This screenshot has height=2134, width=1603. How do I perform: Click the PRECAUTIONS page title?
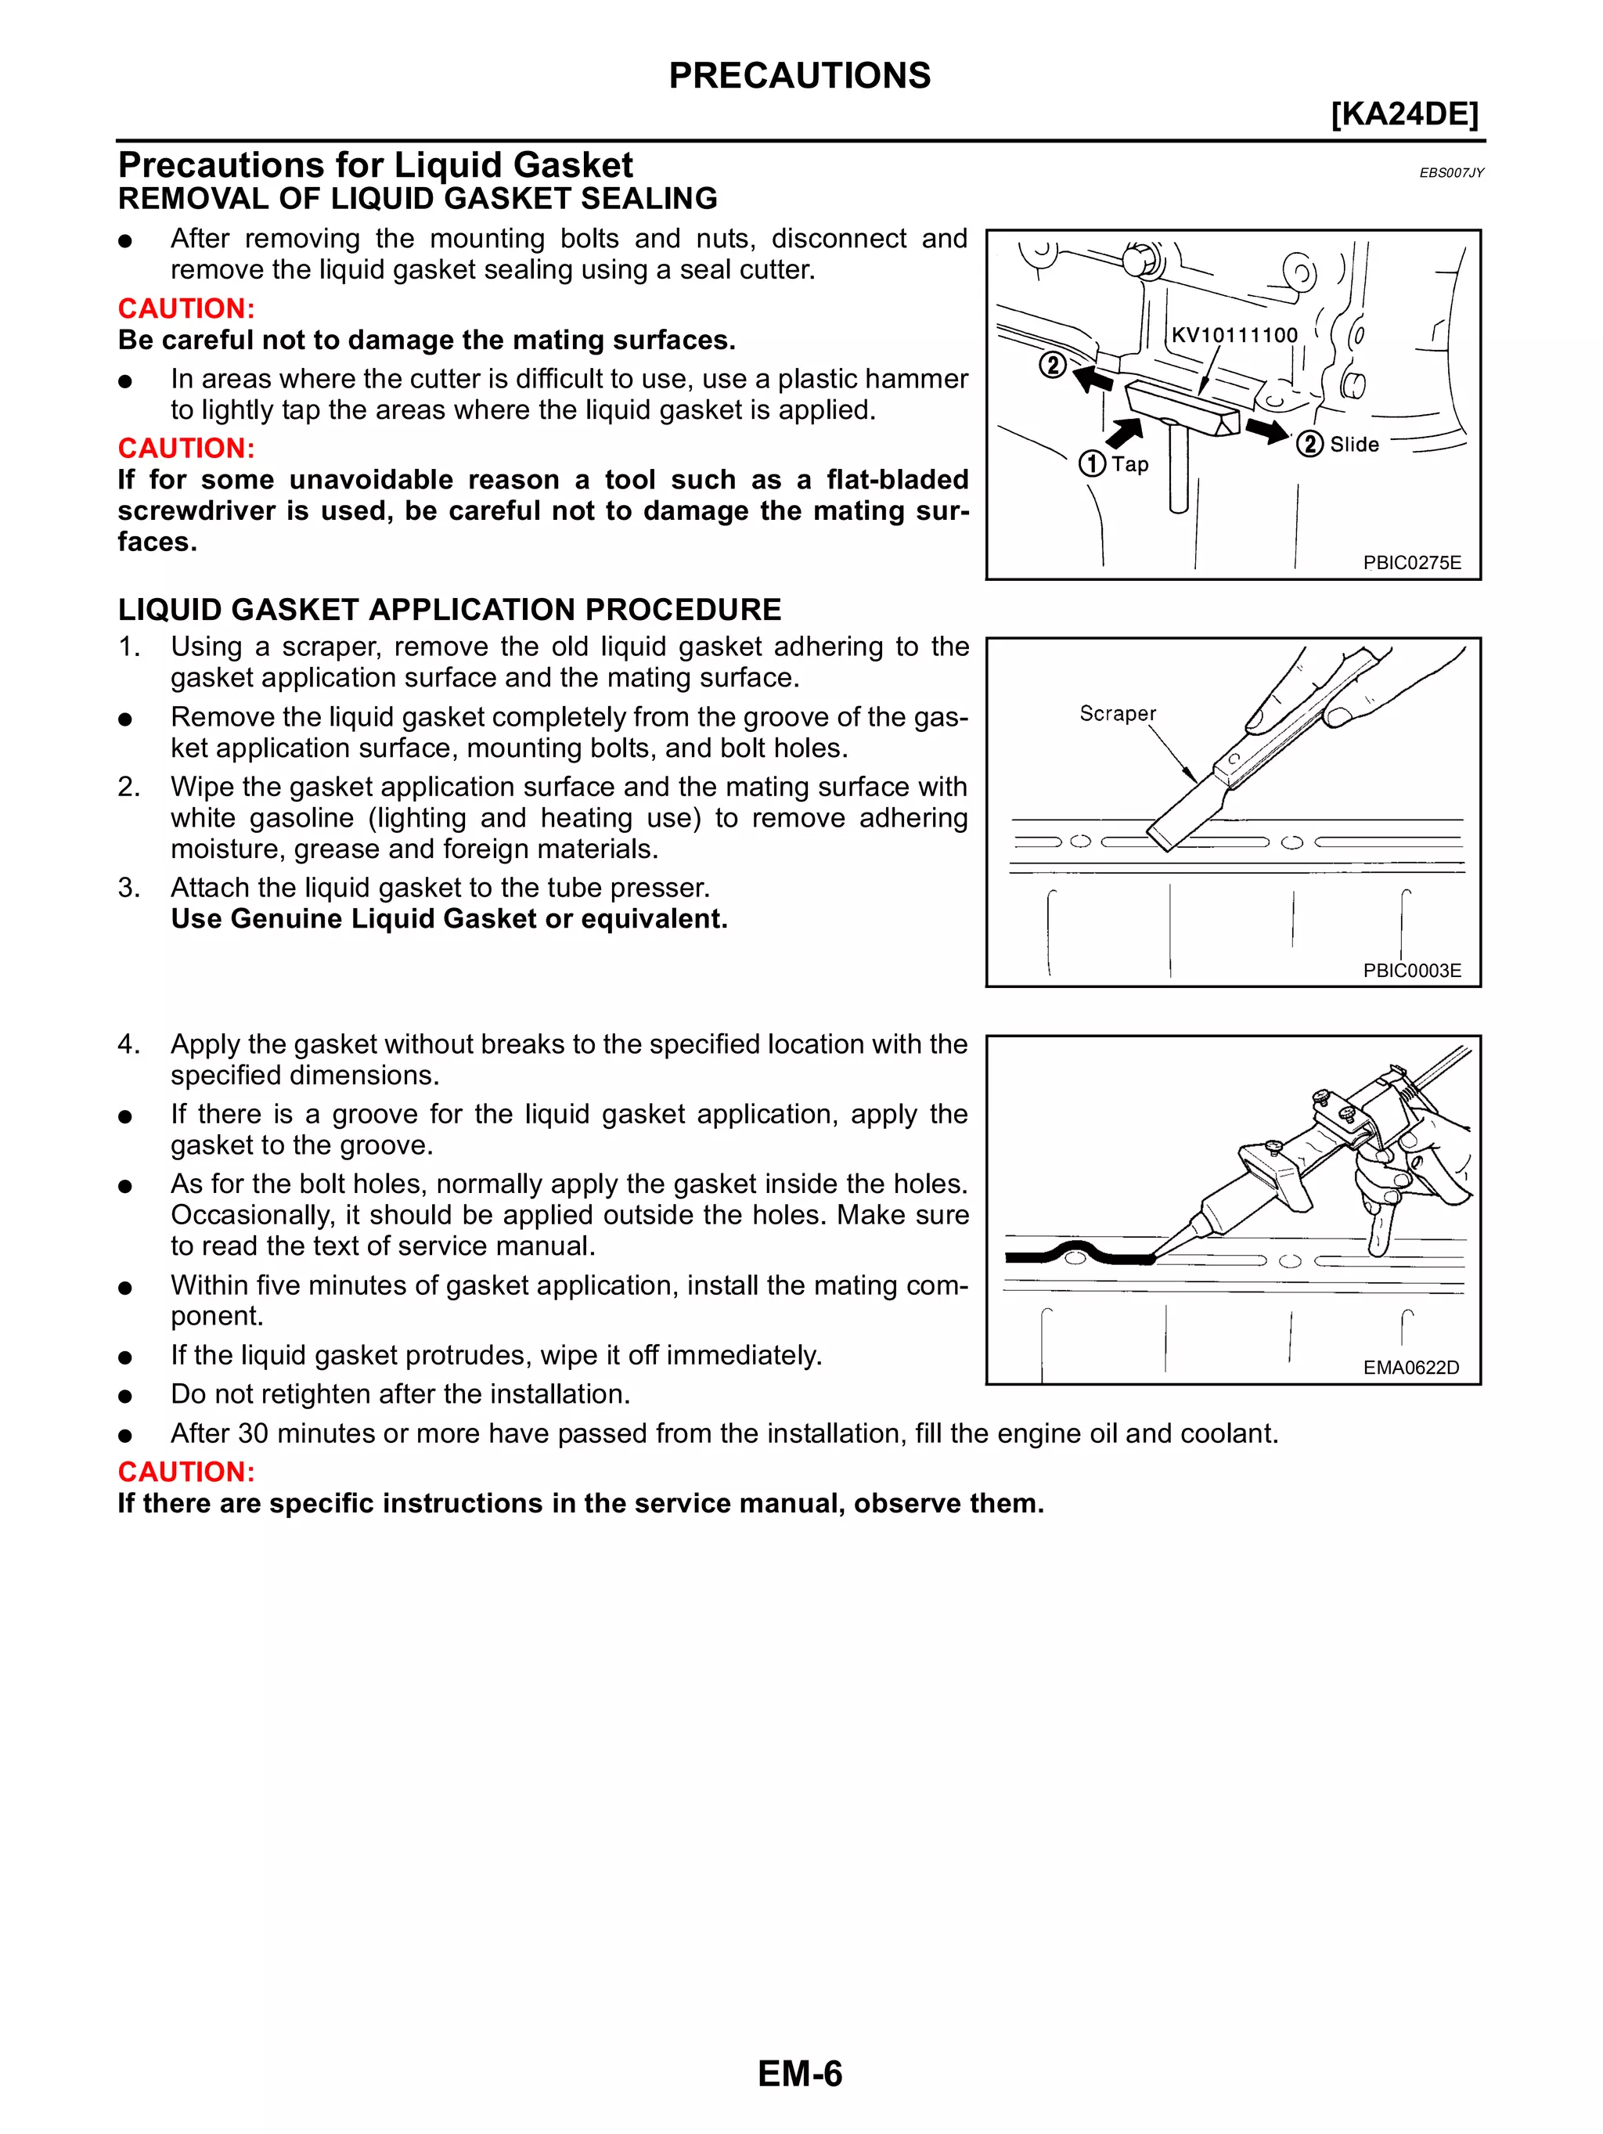[800, 75]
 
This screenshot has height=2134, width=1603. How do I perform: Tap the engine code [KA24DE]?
[1404, 114]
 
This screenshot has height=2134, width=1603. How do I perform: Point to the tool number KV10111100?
[1234, 335]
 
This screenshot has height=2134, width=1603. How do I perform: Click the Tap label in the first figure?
[1129, 464]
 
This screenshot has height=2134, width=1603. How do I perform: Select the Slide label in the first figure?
[1354, 445]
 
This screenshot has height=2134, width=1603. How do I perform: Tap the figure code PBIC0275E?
[1412, 562]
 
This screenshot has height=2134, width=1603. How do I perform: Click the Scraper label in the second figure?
[1117, 713]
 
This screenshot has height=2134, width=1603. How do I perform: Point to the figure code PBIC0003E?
[1412, 971]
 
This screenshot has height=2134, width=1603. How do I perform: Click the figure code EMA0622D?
[1411, 1367]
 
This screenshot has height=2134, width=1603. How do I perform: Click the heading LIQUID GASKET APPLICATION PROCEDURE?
[449, 610]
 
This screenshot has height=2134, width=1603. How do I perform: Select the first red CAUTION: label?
[186, 308]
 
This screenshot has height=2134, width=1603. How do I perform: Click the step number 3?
[129, 888]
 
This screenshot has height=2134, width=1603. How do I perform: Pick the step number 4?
[129, 1044]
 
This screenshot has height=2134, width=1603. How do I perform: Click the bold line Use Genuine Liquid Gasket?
[448, 918]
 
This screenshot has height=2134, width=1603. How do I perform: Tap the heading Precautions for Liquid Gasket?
[375, 165]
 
